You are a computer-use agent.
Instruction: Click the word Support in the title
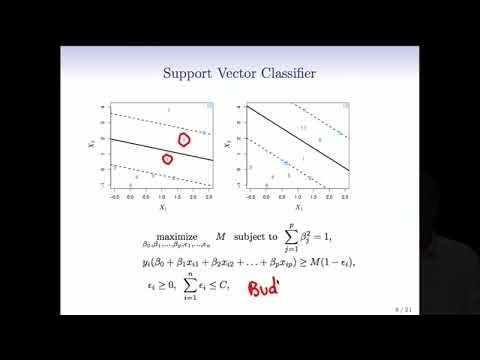click(194, 73)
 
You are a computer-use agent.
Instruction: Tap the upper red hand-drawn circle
click(184, 139)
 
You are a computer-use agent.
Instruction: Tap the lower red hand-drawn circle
click(167, 158)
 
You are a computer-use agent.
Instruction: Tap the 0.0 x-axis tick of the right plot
click(265, 197)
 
